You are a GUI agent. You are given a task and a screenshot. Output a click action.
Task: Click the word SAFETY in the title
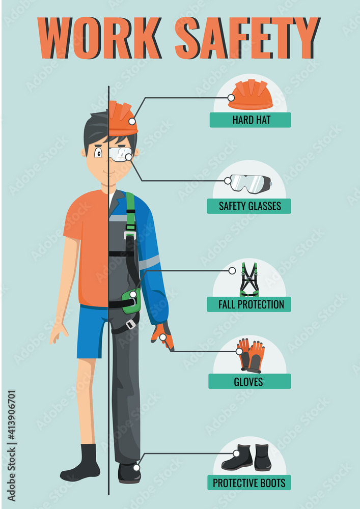[246, 38]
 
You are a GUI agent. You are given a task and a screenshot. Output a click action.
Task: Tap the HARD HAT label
[251, 120]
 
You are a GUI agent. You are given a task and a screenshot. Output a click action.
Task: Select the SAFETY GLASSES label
[249, 206]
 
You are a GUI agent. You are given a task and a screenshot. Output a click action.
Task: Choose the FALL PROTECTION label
[249, 304]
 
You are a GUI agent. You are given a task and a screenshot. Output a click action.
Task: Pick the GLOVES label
[249, 381]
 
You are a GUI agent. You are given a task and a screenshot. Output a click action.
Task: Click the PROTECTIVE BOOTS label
[249, 483]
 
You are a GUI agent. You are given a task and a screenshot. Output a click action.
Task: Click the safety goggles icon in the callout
[249, 183]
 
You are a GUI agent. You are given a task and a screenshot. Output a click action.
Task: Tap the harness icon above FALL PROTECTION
[249, 280]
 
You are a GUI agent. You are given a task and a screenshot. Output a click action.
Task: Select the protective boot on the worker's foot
[129, 472]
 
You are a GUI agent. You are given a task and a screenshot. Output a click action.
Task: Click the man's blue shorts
[92, 331]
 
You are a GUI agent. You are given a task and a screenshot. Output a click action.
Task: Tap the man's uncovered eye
[98, 151]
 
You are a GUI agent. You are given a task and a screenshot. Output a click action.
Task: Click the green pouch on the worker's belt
[131, 301]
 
